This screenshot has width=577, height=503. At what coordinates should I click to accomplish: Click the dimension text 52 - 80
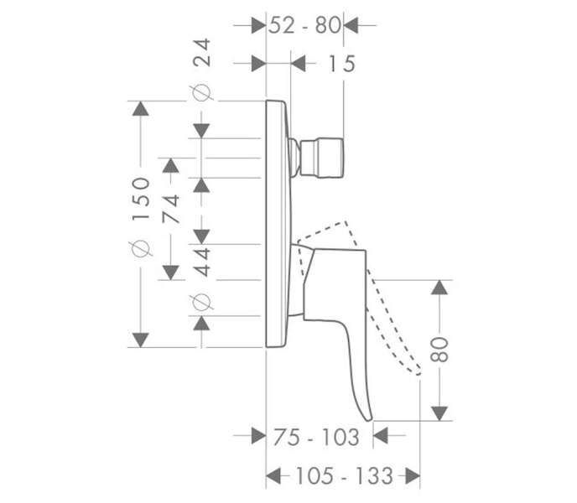pos(304,26)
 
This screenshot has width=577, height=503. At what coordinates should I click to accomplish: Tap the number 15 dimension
pos(341,64)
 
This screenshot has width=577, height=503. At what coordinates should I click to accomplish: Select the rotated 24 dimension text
pos(202,52)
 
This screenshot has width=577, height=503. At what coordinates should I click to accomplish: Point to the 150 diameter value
pos(141,199)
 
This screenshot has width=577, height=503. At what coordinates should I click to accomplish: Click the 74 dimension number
pos(171,209)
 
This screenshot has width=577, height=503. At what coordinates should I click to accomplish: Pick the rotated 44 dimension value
pos(202,262)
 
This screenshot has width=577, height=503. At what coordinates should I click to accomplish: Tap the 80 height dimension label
pos(439,350)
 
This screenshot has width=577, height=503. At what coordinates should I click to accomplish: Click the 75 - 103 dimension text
pos(316,437)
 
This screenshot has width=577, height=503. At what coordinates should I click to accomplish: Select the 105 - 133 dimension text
pos(345,476)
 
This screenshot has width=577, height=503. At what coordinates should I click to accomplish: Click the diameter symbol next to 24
pos(201,93)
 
